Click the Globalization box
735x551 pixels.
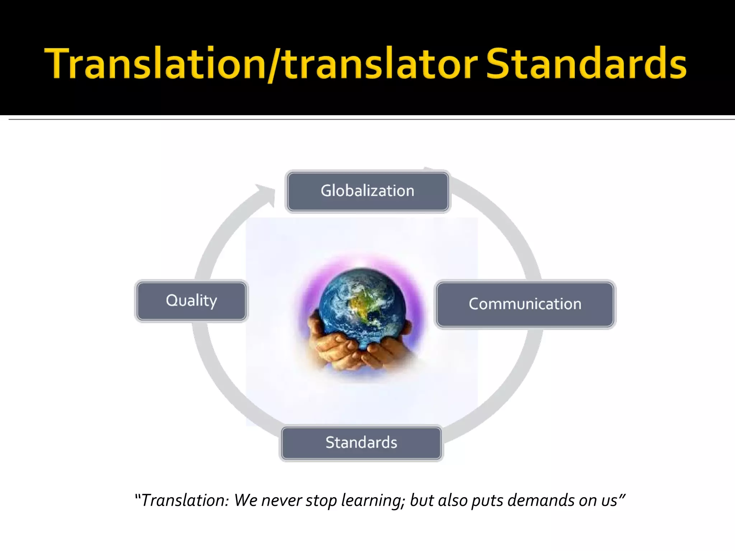pos(367,191)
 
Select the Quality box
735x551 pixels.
pos(191,301)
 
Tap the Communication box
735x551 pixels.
pos(525,304)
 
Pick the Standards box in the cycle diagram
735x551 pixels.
pos(361,443)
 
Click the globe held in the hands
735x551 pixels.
pos(362,305)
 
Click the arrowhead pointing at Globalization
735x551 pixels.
pos(267,194)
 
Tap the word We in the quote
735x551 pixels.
pos(246,500)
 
